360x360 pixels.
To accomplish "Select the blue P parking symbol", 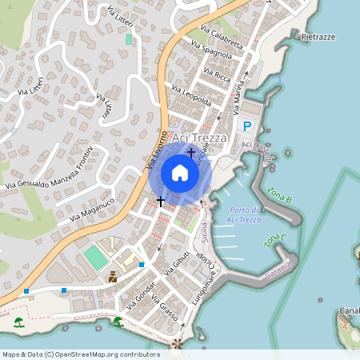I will (x=247, y=126).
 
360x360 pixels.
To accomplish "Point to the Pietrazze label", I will (x=318, y=37).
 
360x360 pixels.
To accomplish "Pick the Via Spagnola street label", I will (x=216, y=54).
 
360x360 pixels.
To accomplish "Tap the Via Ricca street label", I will (x=217, y=76).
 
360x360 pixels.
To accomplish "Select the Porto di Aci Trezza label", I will (x=243, y=215).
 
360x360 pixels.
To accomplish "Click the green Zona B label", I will (x=280, y=195).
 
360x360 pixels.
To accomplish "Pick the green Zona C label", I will (x=274, y=241).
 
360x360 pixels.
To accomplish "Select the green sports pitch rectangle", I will (x=94, y=257).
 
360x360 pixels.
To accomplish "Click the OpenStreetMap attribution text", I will (x=81, y=354).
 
